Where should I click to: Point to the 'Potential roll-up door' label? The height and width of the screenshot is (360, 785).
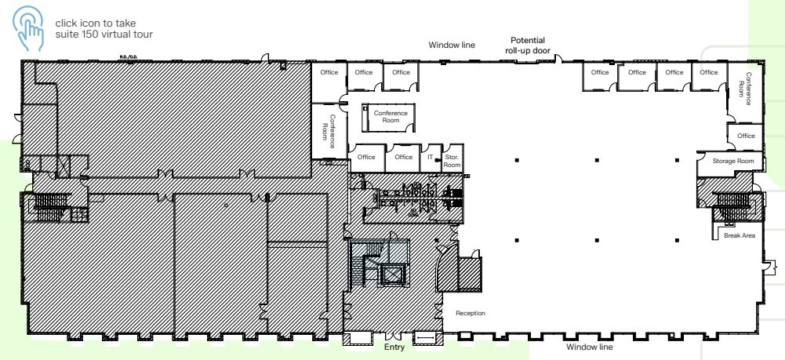point(528,45)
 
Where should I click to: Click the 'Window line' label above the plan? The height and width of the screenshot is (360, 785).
point(451,45)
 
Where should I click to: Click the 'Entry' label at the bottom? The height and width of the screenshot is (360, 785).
point(394,347)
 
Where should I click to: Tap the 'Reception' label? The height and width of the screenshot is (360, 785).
point(471,314)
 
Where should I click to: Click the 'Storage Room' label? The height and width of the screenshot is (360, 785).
point(733,162)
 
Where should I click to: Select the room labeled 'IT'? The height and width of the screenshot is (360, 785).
point(430,157)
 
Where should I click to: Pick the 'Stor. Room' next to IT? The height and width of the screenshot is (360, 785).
point(452,161)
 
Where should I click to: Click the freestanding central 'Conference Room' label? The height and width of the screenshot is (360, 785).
point(391,118)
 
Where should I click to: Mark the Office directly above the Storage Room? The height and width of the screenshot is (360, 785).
point(746,136)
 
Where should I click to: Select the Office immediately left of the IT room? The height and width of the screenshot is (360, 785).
point(404,157)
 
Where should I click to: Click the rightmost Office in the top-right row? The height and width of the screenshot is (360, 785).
point(708,73)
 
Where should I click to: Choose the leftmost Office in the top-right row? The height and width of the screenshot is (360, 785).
point(600,73)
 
